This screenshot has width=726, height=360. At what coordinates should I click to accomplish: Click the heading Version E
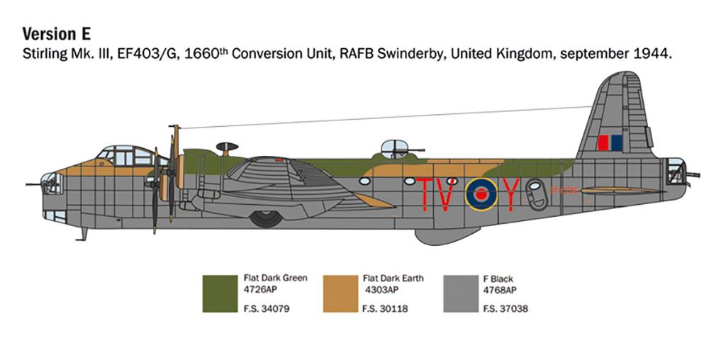(57, 34)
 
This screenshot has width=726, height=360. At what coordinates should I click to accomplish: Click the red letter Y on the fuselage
(512, 193)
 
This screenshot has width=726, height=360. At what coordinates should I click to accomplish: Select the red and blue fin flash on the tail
(609, 144)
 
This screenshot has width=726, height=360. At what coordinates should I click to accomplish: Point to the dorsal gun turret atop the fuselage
(393, 148)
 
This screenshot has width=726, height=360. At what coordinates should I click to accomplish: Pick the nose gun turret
(51, 184)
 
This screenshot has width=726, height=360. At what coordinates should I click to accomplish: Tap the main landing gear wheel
(266, 219)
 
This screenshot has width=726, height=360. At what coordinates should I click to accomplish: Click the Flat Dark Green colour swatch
(220, 293)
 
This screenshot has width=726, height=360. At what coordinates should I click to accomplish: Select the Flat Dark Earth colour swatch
(340, 293)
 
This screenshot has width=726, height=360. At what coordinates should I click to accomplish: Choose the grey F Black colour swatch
(460, 293)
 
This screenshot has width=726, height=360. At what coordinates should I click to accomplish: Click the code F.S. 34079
(267, 309)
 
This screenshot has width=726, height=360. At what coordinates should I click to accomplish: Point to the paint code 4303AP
(382, 290)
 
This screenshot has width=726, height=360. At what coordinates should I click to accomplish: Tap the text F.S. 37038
(506, 309)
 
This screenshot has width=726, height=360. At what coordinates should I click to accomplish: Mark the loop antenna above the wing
(227, 147)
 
